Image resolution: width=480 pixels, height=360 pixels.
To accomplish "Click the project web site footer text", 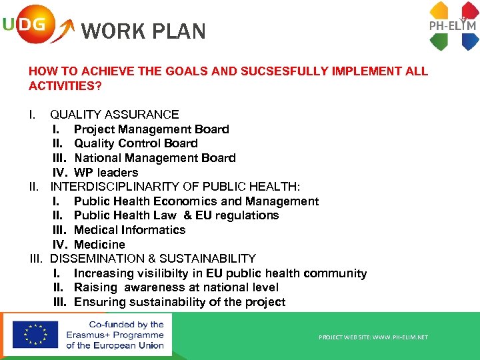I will click(x=373, y=337).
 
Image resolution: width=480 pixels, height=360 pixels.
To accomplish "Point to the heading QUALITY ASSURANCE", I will click(x=115, y=115).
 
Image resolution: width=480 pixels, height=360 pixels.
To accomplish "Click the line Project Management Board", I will click(x=151, y=129).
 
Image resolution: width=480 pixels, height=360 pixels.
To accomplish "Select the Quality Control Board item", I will click(x=136, y=143).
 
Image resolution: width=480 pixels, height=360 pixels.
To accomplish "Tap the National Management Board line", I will click(x=155, y=158).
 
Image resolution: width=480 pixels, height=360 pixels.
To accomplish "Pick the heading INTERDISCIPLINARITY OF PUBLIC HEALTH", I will click(x=175, y=187).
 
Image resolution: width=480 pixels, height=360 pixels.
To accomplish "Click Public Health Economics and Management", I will click(x=196, y=201).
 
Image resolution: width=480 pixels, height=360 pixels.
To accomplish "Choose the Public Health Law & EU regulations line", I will click(x=176, y=215).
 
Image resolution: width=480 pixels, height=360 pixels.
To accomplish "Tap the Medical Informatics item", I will click(x=130, y=230).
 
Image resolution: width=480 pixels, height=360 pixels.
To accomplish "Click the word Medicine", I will click(x=99, y=245).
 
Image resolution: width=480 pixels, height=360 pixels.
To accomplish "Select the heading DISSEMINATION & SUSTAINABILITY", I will click(x=153, y=259).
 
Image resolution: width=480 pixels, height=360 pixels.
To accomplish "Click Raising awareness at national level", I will click(x=176, y=287).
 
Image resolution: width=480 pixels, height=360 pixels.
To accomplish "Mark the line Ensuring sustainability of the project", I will click(x=179, y=302).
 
